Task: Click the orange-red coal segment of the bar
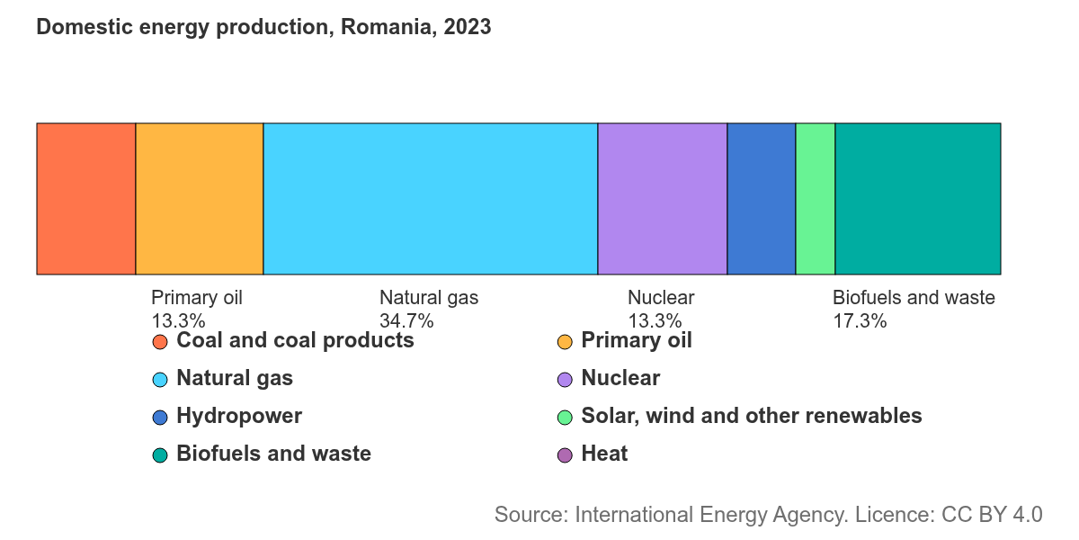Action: click(x=86, y=199)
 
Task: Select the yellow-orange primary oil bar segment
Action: click(x=200, y=199)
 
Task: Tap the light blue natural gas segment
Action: click(x=431, y=199)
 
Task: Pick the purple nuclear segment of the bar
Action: click(x=663, y=199)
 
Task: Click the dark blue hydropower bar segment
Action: click(x=762, y=199)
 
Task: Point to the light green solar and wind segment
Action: click(x=816, y=199)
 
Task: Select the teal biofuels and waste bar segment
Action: click(x=918, y=199)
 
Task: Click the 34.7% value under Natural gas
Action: click(x=406, y=321)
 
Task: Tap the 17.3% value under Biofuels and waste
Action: click(x=860, y=321)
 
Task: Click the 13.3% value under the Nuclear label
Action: click(x=655, y=321)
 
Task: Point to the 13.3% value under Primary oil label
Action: click(x=178, y=321)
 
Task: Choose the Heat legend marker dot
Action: click(x=565, y=455)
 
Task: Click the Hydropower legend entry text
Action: click(x=239, y=416)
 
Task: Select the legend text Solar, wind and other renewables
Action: click(x=752, y=416)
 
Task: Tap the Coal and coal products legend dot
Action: click(x=160, y=342)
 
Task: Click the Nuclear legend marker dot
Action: click(x=565, y=380)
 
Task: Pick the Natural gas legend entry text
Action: click(x=235, y=378)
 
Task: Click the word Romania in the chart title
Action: click(x=388, y=27)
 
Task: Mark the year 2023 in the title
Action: click(x=468, y=27)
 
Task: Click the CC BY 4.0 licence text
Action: click(x=992, y=515)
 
